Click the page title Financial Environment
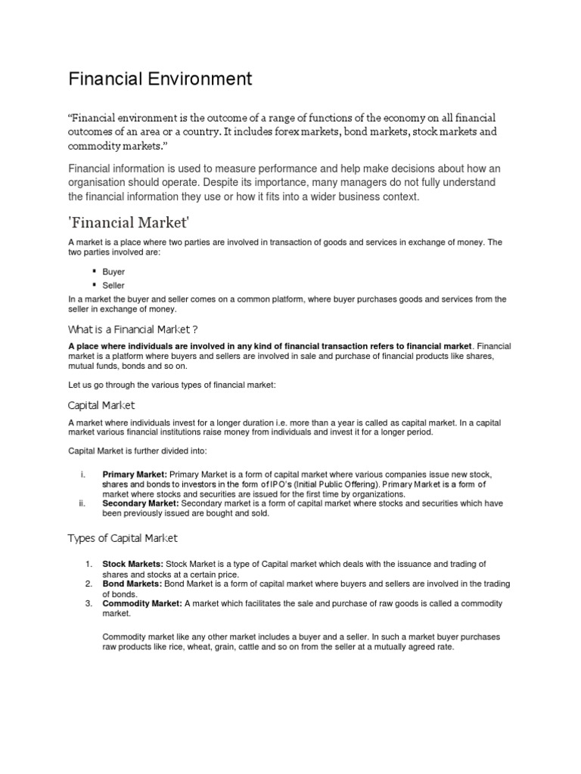(160, 79)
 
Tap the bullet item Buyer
(113, 271)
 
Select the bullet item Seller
(113, 285)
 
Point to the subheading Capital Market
(101, 404)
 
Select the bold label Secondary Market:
(141, 503)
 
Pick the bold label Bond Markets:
(131, 584)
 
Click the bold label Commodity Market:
(141, 603)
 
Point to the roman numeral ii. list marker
(82, 503)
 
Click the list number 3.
(88, 603)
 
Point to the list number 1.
(88, 564)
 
